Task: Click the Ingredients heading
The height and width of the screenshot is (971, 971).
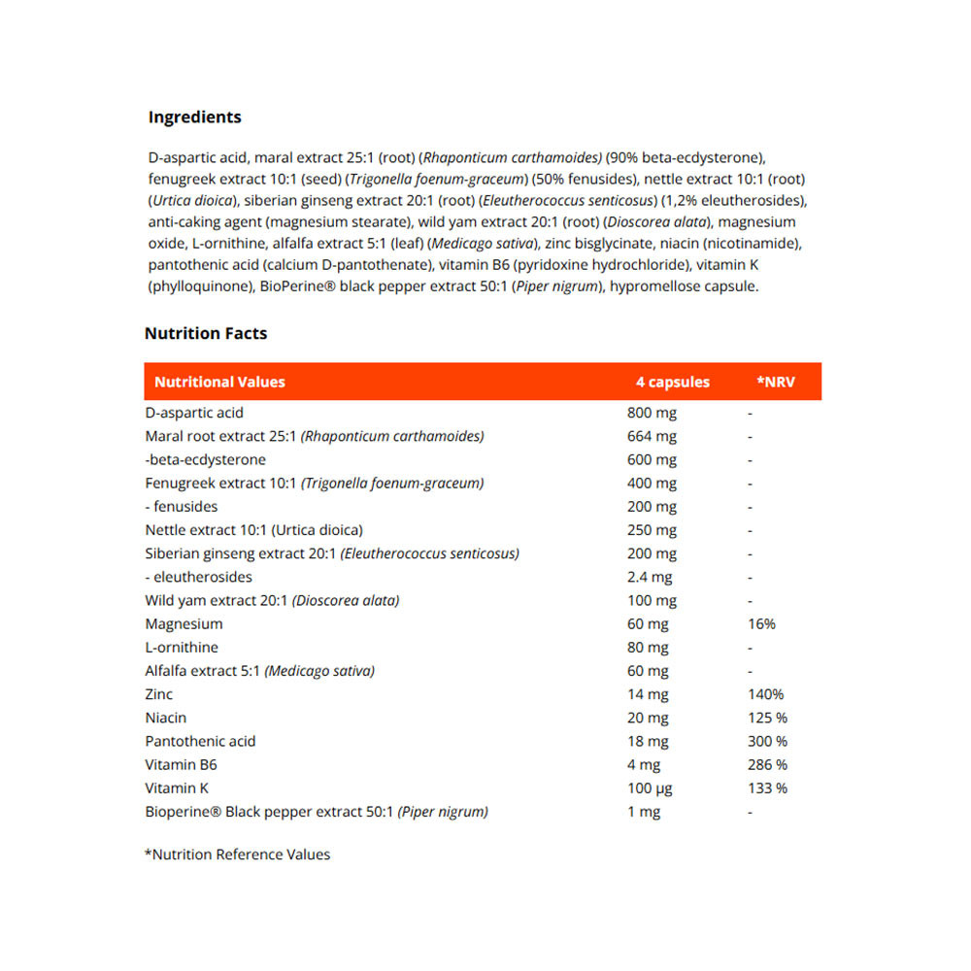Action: tap(194, 117)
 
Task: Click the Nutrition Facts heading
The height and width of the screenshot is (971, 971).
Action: tap(206, 333)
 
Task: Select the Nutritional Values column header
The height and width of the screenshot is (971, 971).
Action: tap(219, 382)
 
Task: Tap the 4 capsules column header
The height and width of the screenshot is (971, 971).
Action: tap(673, 382)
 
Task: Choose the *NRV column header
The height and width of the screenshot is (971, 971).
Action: tap(776, 382)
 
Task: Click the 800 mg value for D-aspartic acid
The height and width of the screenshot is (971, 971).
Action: tap(653, 413)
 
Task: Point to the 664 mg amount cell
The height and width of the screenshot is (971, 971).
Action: tap(653, 436)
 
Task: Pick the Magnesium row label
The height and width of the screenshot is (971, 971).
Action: tap(184, 623)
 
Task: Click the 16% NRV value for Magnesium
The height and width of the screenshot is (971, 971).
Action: tap(762, 623)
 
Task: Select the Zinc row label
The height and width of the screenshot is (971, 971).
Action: tap(159, 694)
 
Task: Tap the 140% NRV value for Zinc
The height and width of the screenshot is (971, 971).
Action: tap(765, 694)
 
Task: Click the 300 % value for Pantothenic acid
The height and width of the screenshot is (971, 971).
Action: tap(768, 741)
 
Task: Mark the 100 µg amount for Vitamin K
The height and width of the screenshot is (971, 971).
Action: tap(651, 787)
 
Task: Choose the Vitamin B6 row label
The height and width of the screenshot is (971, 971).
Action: tap(181, 764)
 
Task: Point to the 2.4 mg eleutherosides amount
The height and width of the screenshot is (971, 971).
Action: tap(650, 577)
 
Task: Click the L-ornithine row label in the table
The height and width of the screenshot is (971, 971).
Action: tap(182, 647)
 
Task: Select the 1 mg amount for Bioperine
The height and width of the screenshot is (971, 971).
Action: tap(644, 811)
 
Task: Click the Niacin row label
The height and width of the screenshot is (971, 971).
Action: tap(166, 718)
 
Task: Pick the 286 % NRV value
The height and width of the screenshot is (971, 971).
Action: tap(768, 764)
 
